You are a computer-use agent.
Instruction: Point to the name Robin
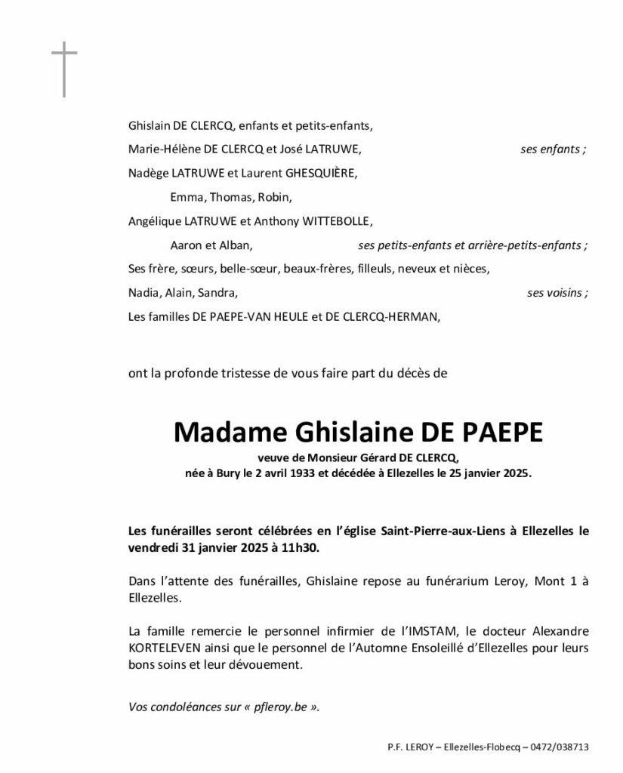coord(274,197)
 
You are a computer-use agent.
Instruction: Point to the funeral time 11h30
coord(303,548)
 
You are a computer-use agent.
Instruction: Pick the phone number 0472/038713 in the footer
coord(560,747)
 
